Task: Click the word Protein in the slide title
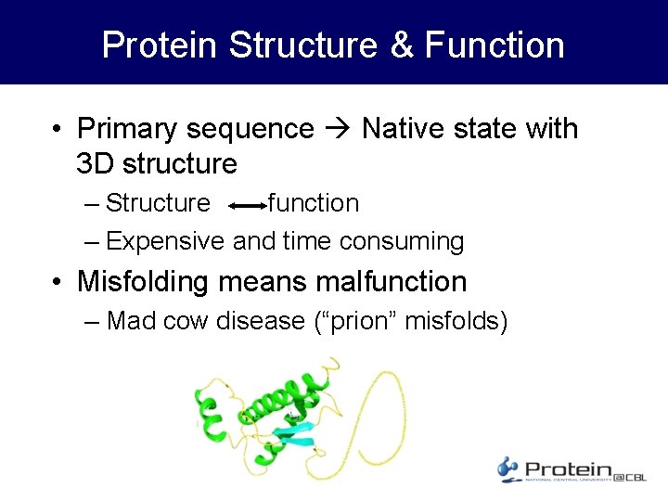coord(160,45)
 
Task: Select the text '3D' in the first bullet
coord(96,164)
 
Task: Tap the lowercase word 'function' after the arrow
coord(314,203)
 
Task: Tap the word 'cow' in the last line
coord(192,321)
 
